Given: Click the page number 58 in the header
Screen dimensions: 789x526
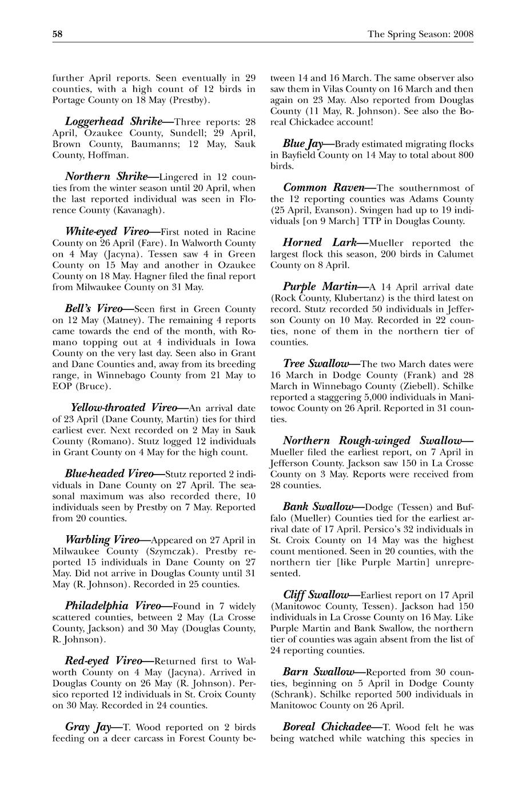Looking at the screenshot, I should coord(57,34).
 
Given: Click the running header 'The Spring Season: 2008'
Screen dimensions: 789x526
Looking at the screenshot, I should coord(420,34).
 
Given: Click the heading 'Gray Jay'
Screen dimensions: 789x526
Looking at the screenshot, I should coord(87,727).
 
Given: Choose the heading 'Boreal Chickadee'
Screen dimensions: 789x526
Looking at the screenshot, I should coord(326,727).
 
